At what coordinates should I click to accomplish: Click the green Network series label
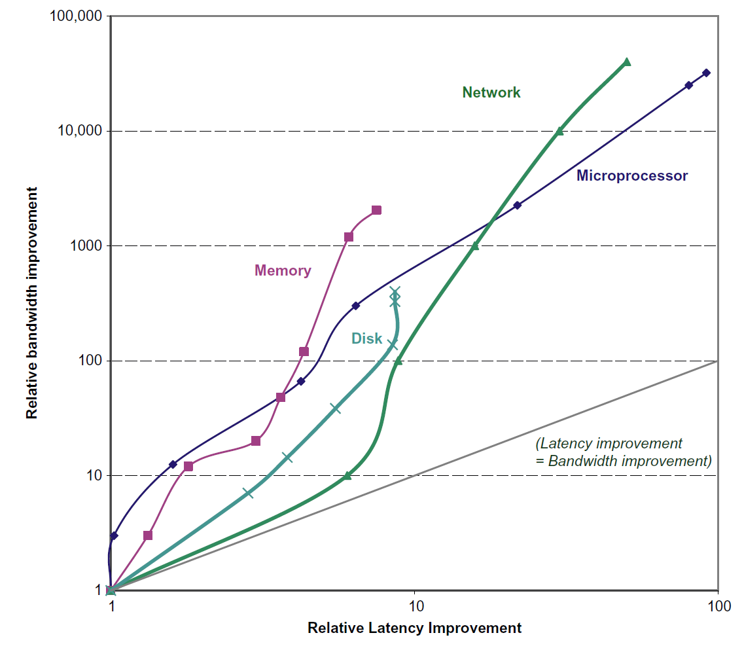(491, 92)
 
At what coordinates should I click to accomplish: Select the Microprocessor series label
(631, 175)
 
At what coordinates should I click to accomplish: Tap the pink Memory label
(283, 270)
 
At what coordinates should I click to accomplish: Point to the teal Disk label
(366, 338)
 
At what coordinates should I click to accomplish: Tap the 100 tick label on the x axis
(718, 605)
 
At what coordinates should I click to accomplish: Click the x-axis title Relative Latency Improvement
(414, 628)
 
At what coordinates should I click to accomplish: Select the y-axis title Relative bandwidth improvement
(31, 303)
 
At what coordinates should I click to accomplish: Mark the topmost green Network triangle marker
(626, 62)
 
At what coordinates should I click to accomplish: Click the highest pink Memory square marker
(376, 210)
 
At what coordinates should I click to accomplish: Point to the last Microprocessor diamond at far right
(706, 73)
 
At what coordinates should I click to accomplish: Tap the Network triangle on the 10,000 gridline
(559, 131)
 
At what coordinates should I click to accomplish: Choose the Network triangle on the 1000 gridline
(475, 246)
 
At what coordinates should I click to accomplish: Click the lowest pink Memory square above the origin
(148, 535)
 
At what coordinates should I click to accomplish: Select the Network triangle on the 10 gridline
(347, 475)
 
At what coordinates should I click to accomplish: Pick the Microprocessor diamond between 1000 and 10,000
(517, 205)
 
